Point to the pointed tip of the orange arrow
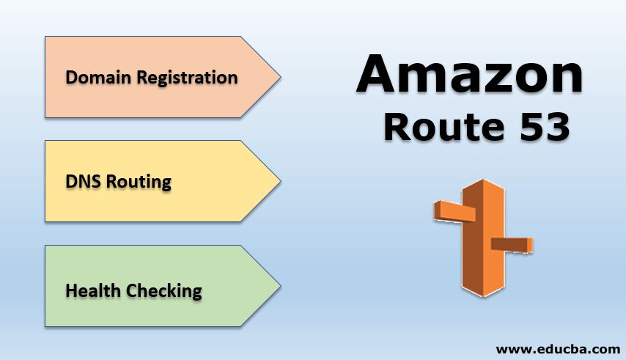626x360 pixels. click(279, 76)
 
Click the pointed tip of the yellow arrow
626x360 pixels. click(279, 181)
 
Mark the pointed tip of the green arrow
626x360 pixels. click(279, 285)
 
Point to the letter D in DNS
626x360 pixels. click(71, 182)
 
